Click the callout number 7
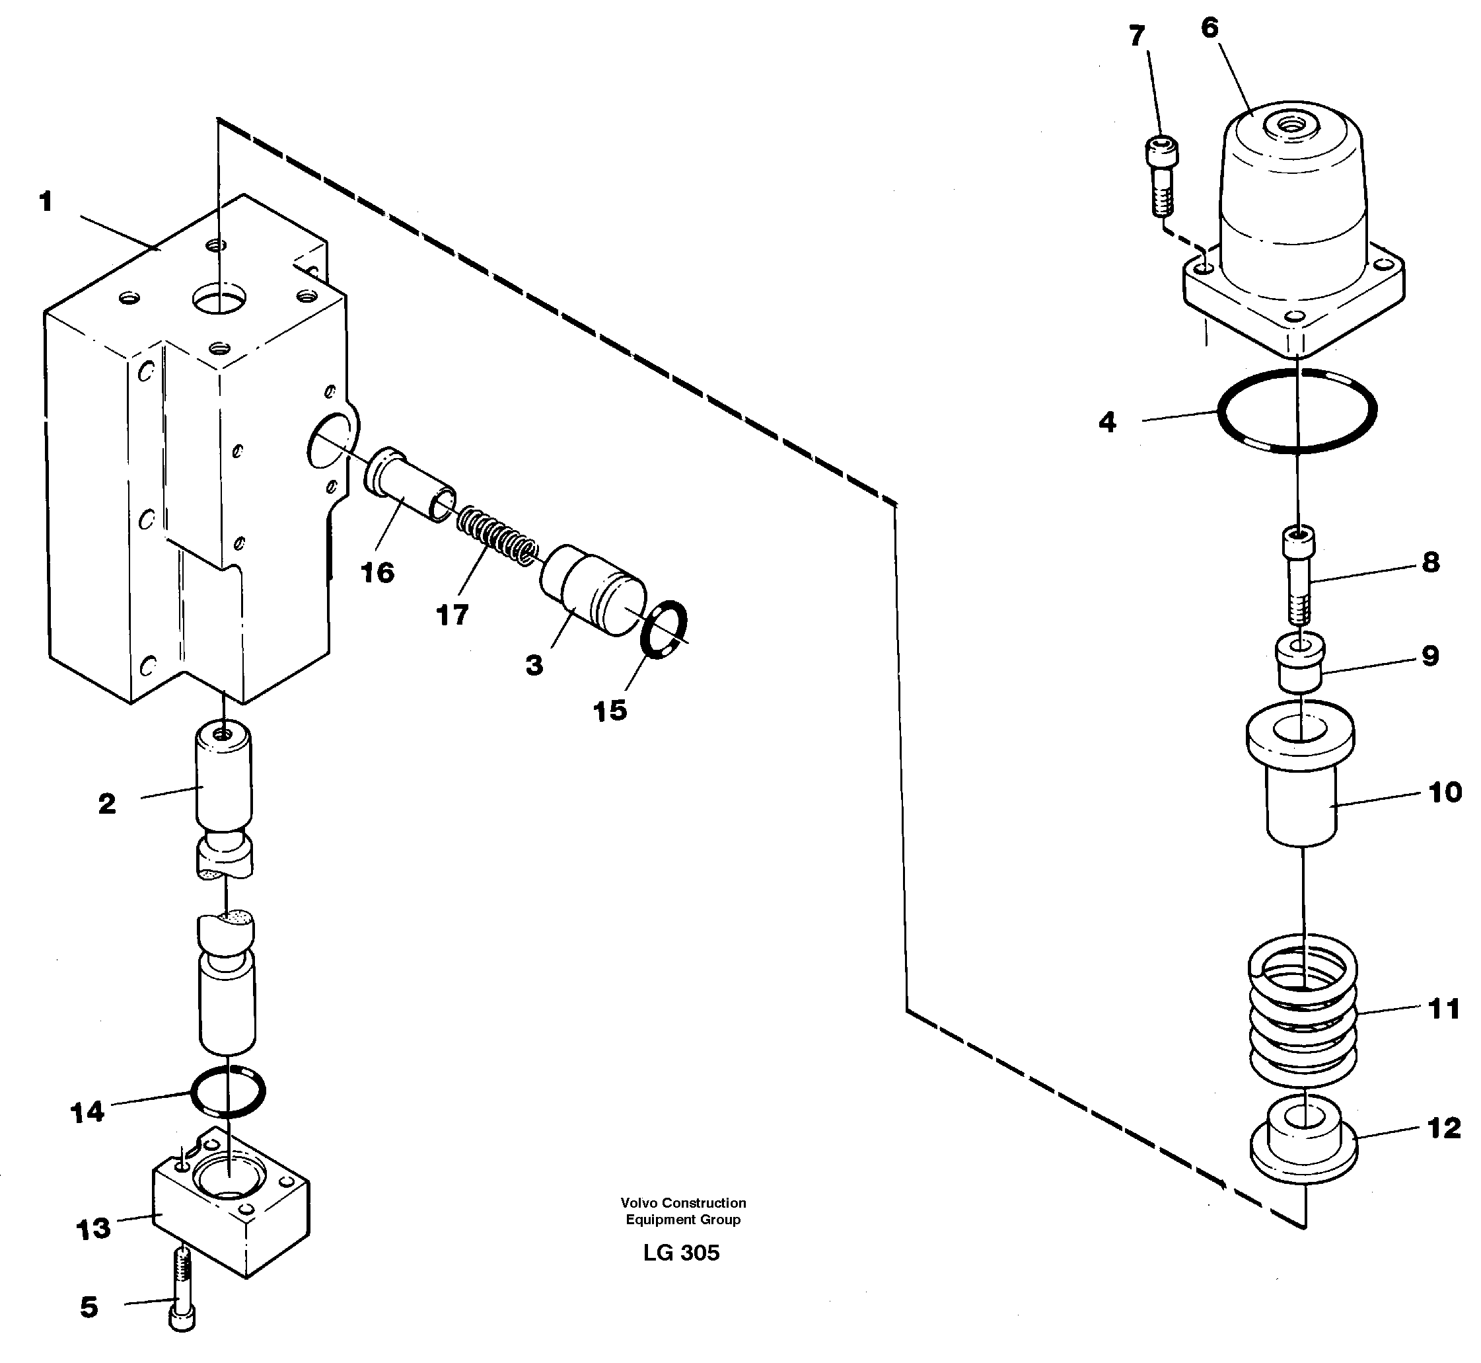click(1137, 36)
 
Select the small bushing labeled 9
click(1301, 664)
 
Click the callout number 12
click(1443, 1128)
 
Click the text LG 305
click(680, 1253)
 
